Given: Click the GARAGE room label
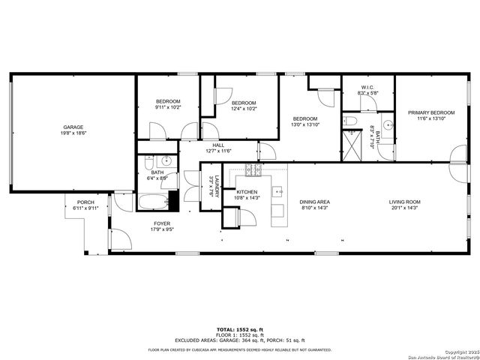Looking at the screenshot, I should [73, 127].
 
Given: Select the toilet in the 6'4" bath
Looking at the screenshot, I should [150, 161].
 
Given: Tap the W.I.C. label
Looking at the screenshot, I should [367, 88].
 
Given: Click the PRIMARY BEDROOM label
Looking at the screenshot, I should [431, 113].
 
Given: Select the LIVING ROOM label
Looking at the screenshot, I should [403, 201].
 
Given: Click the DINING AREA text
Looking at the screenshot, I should [315, 201].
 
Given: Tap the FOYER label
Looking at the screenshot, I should [162, 223].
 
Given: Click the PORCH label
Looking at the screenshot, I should [85, 202].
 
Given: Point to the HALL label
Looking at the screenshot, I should [218, 145].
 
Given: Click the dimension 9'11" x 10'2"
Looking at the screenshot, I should [168, 107].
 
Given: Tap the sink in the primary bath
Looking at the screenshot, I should [388, 125].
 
